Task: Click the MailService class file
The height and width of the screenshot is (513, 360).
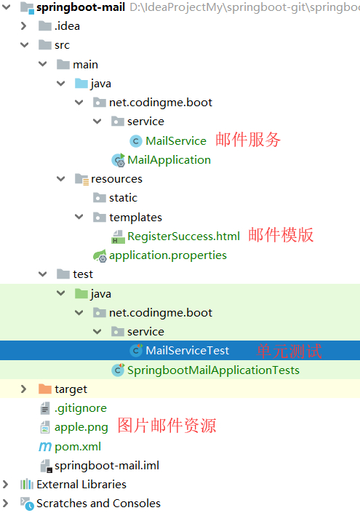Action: pos(175,140)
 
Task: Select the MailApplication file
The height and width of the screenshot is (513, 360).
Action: pos(169,159)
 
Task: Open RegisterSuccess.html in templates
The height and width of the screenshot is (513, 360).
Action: pos(183,236)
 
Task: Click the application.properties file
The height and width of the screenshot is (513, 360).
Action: pos(167,255)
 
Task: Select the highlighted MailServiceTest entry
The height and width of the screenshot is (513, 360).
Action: pos(187,351)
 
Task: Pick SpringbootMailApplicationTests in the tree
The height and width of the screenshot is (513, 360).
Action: pos(213,370)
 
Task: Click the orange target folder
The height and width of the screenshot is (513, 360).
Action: pos(70,389)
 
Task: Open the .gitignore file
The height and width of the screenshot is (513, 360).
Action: pos(80,407)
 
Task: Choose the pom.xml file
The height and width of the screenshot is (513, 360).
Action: pos(77,446)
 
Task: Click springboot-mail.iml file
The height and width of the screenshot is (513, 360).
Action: pos(106,465)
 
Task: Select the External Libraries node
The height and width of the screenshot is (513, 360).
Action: pos(81,484)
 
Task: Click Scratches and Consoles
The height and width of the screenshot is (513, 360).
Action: pos(98,503)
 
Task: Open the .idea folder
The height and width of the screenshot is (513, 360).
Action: pos(67,26)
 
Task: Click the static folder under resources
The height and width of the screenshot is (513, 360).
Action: pos(123,197)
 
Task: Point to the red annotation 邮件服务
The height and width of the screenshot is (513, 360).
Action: pos(248,140)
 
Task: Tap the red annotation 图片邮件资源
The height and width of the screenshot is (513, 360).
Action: pos(167,426)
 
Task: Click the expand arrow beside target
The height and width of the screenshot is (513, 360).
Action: pos(24,389)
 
